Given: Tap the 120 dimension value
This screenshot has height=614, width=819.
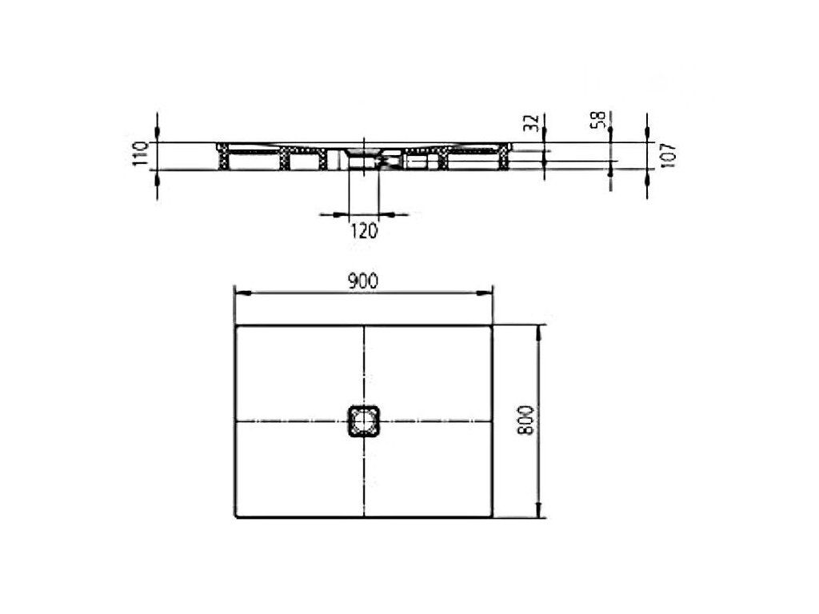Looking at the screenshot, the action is coord(363,230).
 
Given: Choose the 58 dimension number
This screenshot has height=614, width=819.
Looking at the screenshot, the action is coord(598,120).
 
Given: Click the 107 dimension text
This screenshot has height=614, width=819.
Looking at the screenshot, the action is coord(669,155).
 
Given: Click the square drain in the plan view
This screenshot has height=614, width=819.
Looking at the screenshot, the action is coord(362,421).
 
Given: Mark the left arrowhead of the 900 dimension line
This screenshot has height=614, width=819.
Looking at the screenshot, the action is coord(242,293).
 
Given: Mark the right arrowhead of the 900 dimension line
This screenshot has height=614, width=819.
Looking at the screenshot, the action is coord(484,293).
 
